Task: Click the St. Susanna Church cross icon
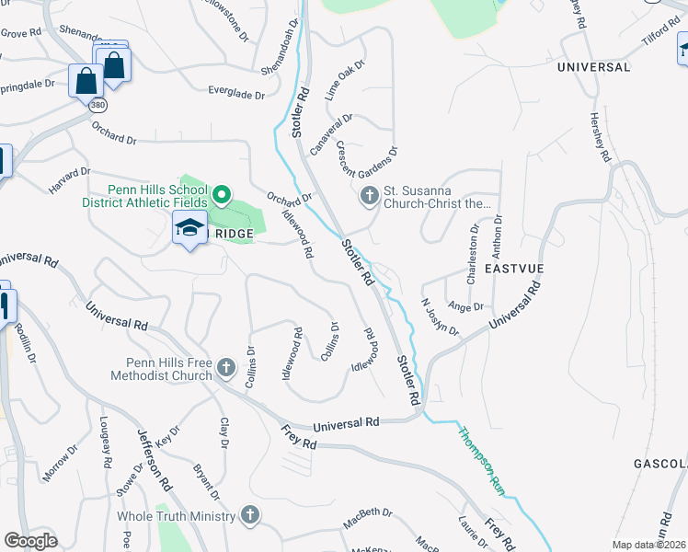tap(369, 196)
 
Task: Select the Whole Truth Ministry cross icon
tap(249, 515)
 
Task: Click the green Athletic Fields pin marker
tap(222, 195)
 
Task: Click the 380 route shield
tap(97, 106)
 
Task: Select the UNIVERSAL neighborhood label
tap(593, 67)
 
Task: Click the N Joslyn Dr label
tap(440, 316)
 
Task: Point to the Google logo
tap(30, 540)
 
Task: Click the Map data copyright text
tap(649, 545)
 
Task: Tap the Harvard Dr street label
tap(70, 179)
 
